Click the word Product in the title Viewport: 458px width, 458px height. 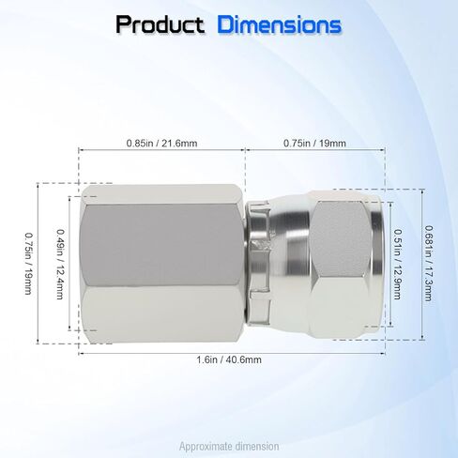[x=160, y=24]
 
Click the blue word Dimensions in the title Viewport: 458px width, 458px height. [x=280, y=24]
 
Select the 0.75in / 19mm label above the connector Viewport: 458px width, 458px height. [x=314, y=143]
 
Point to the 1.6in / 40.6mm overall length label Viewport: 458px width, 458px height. [x=230, y=359]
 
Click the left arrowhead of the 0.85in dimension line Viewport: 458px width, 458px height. [x=81, y=150]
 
